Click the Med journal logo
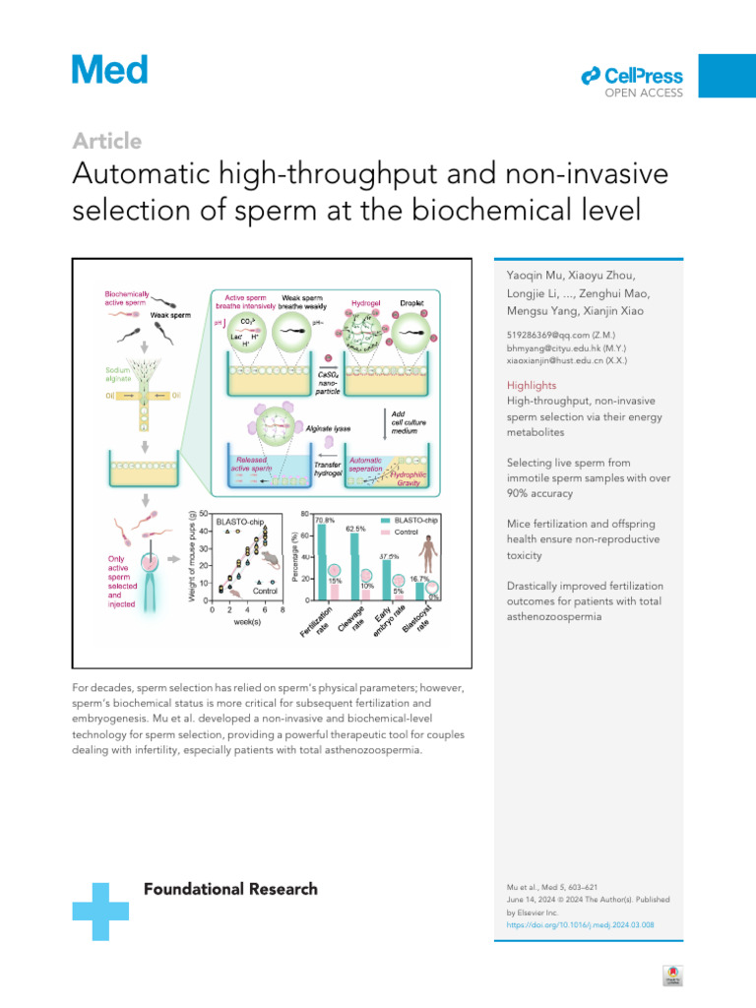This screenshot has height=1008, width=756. (110, 70)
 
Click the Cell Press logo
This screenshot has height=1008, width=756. (632, 77)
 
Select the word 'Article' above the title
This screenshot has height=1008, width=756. (107, 141)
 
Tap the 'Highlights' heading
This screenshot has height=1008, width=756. (533, 385)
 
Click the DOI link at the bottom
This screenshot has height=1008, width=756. (581, 925)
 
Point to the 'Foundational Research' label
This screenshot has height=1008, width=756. (231, 889)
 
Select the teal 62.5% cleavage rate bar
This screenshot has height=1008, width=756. (355, 566)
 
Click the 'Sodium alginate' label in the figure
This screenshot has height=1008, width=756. (123, 375)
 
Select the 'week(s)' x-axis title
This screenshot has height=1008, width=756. (247, 624)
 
